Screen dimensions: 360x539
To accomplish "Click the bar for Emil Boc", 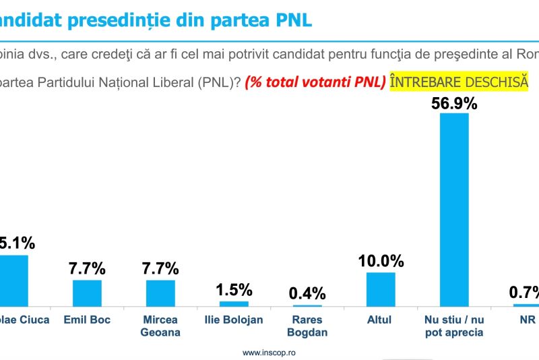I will [x=87, y=293].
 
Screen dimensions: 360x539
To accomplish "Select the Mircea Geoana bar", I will [x=160, y=293].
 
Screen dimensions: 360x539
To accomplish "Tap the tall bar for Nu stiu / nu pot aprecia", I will [x=454, y=210].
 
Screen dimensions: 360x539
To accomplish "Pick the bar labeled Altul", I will [x=381, y=289].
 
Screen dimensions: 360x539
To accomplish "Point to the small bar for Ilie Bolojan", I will [x=234, y=303].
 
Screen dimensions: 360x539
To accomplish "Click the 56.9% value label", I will [x=454, y=103].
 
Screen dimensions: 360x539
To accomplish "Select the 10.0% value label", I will [x=381, y=261].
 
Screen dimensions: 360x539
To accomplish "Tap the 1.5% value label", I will [x=234, y=290].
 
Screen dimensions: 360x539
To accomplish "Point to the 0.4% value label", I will [x=307, y=293].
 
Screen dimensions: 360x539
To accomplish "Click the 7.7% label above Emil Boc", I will [x=87, y=268].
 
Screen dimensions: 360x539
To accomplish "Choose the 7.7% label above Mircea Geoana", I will [x=160, y=268].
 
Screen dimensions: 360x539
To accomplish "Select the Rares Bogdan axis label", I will [x=307, y=326].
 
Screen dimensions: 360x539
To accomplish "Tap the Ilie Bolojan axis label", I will [x=234, y=320].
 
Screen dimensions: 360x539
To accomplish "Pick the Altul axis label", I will [x=380, y=320].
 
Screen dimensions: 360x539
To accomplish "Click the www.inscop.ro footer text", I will [x=269, y=352].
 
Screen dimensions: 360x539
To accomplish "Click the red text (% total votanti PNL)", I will [x=315, y=82].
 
